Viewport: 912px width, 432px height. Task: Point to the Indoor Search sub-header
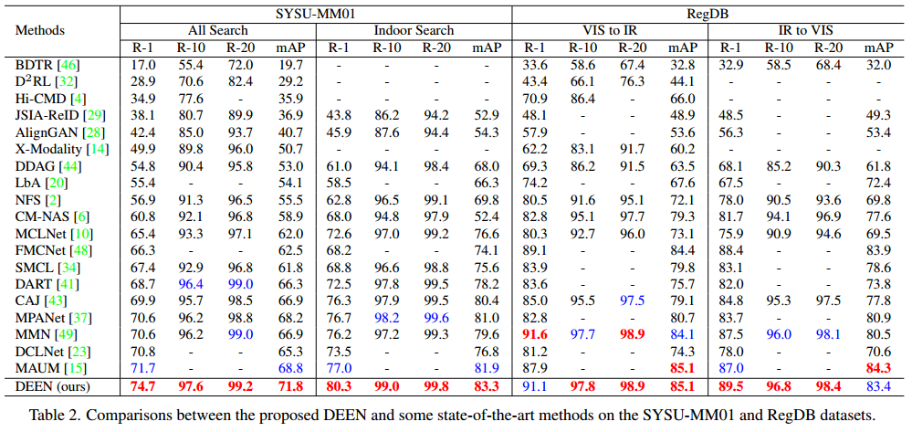(x=414, y=30)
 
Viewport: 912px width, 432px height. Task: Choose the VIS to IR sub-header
(x=609, y=30)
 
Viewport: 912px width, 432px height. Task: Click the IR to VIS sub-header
(x=803, y=30)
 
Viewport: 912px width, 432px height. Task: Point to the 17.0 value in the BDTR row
(x=142, y=65)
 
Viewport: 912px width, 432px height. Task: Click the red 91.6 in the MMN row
(x=535, y=334)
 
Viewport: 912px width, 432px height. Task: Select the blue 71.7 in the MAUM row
(x=142, y=368)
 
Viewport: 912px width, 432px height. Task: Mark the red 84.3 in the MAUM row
(x=878, y=368)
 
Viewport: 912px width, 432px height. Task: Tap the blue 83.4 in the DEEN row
(x=878, y=385)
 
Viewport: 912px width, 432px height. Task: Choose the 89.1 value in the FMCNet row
(x=535, y=250)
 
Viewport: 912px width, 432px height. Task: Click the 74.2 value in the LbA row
(x=535, y=183)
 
